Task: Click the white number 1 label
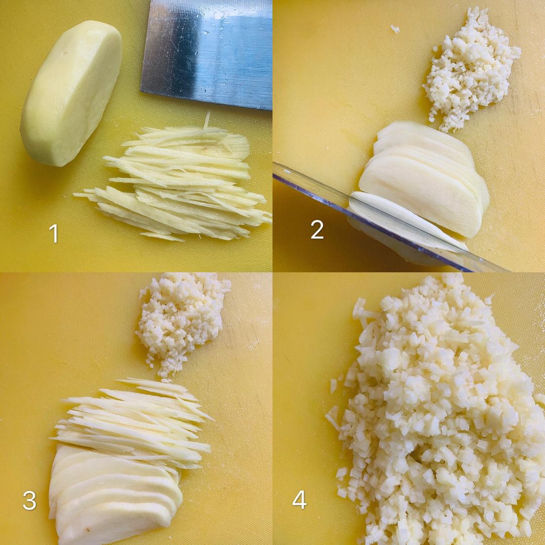click(54, 233)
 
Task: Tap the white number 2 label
click(317, 229)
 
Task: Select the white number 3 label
click(30, 501)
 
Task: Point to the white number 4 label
click(299, 500)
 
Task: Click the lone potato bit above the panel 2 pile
click(395, 29)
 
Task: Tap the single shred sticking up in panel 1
click(207, 120)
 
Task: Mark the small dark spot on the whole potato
click(66, 54)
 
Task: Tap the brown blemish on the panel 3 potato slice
click(88, 531)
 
